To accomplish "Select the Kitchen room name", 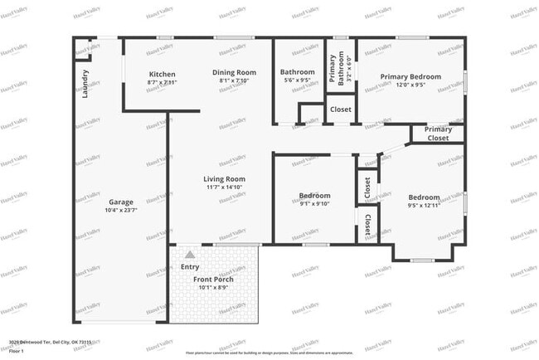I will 162,73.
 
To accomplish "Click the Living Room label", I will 225,178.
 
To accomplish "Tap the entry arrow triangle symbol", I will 190,255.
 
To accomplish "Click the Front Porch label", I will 213,280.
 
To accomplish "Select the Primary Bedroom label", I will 410,76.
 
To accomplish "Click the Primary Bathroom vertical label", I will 331,69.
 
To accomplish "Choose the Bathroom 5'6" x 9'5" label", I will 297,81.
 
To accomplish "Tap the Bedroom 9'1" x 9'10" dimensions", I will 314,204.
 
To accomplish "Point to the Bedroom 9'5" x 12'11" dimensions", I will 424,206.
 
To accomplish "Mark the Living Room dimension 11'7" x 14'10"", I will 225,187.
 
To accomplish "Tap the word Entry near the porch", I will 190,267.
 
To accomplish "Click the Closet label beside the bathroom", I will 340,109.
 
